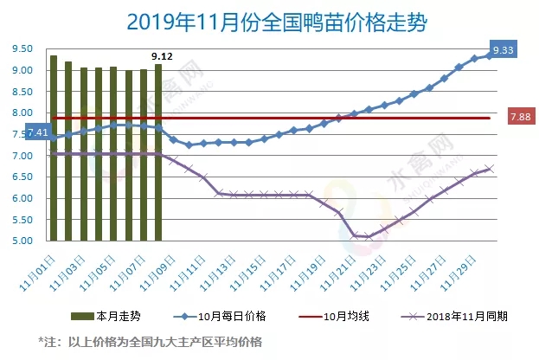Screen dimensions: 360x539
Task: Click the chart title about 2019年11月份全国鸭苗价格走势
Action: pos(269,20)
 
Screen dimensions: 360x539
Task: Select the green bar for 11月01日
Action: pos(54,147)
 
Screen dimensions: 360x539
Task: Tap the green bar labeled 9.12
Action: pos(158,152)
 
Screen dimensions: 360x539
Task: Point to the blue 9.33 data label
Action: pos(504,50)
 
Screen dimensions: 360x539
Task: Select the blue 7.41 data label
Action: pos(37,132)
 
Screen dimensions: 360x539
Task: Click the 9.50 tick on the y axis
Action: pos(22,49)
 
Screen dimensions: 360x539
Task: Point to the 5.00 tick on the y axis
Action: pos(22,241)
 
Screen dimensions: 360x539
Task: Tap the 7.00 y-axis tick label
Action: pos(22,156)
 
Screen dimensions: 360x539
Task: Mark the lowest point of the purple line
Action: pos(369,236)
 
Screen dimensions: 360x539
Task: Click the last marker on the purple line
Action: pos(490,169)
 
